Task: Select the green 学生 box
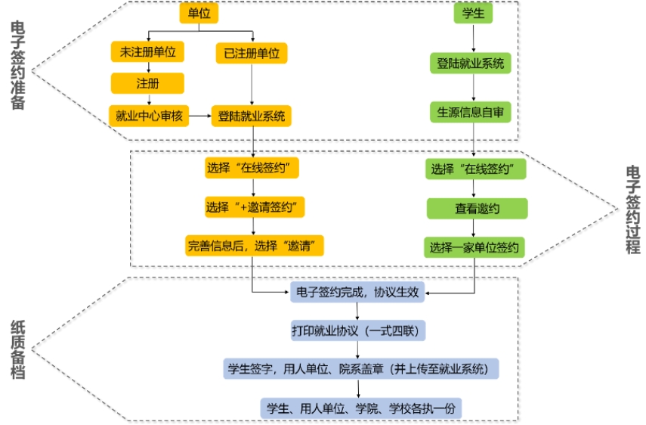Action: pos(473,14)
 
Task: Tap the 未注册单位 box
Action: pos(147,52)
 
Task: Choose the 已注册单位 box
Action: pos(252,53)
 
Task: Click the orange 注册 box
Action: pos(147,83)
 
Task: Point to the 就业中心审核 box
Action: pos(149,116)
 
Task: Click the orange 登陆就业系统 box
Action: pos(252,116)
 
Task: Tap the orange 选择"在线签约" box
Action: pos(252,169)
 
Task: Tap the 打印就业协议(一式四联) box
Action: pos(358,330)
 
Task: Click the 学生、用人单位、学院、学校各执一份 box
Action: pos(360,408)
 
